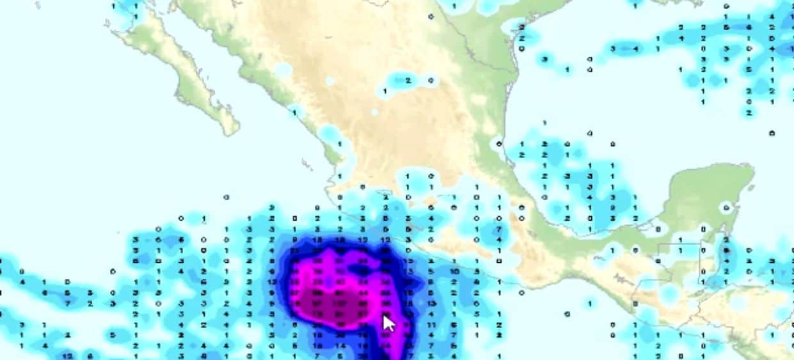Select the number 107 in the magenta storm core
(340, 302)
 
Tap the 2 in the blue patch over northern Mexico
(408, 81)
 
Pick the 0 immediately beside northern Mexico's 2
(431, 81)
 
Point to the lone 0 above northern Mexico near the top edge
(431, 16)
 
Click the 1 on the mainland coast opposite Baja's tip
(340, 144)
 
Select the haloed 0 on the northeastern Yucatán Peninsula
(726, 207)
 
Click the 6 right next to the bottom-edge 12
(90, 356)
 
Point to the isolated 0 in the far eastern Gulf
(772, 133)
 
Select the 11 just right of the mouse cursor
(431, 325)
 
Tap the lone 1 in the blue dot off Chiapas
(589, 302)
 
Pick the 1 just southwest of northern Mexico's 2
(385, 91)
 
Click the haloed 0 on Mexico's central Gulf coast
(499, 144)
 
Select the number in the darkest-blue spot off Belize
(726, 250)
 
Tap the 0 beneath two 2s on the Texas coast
(522, 49)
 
